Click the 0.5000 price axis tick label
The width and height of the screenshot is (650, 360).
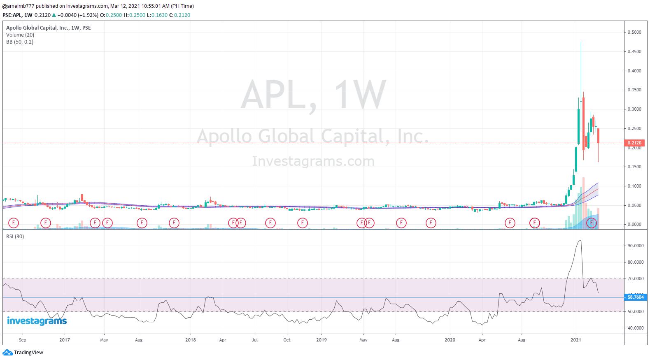pyautogui.click(x=634, y=32)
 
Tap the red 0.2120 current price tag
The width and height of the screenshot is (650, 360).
pyautogui.click(x=634, y=143)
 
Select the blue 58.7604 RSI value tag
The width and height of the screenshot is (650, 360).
pyautogui.click(x=635, y=297)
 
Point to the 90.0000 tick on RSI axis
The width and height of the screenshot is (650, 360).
pyautogui.click(x=635, y=246)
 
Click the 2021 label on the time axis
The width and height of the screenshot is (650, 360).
pyautogui.click(x=575, y=340)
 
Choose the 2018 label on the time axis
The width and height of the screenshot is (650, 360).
pyautogui.click(x=191, y=340)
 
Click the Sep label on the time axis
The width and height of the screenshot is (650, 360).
pyautogui.click(x=23, y=340)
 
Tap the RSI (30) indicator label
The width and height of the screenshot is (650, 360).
pyautogui.click(x=15, y=237)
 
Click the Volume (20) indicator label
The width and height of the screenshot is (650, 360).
pyautogui.click(x=20, y=35)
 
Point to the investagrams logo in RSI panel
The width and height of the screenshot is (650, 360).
pyautogui.click(x=37, y=321)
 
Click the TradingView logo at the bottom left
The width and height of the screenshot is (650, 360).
pyautogui.click(x=23, y=353)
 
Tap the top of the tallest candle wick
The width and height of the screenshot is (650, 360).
pyautogui.click(x=581, y=42)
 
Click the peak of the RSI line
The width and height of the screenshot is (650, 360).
pyautogui.click(x=580, y=241)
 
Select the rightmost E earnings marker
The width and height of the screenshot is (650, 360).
pyautogui.click(x=592, y=223)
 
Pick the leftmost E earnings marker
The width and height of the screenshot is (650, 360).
pyautogui.click(x=14, y=223)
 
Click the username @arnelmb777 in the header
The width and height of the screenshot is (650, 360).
pyautogui.click(x=19, y=6)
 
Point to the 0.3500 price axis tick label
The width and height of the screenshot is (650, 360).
pyautogui.click(x=634, y=90)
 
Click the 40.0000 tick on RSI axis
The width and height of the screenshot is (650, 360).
pyautogui.click(x=635, y=328)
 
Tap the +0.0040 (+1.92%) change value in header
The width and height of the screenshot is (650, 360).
pyautogui.click(x=78, y=15)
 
